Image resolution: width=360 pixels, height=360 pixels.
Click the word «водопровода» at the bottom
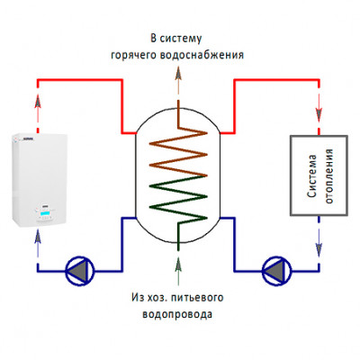click(x=177, y=314)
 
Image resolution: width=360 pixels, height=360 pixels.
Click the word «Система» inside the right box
click(x=312, y=176)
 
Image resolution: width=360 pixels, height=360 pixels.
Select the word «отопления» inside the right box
click(x=329, y=176)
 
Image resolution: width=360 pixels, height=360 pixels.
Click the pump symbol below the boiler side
click(x=80, y=271)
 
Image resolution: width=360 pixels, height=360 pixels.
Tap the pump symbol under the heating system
click(x=276, y=271)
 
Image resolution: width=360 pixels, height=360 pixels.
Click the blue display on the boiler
click(x=45, y=213)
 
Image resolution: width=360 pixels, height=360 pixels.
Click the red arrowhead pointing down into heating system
click(x=319, y=115)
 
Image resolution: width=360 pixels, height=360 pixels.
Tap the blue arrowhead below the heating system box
click(x=319, y=249)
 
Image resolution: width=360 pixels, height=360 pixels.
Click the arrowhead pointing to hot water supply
click(x=178, y=74)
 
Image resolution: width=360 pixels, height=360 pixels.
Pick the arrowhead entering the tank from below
click(x=178, y=264)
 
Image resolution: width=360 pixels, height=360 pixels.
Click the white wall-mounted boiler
click(x=40, y=181)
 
